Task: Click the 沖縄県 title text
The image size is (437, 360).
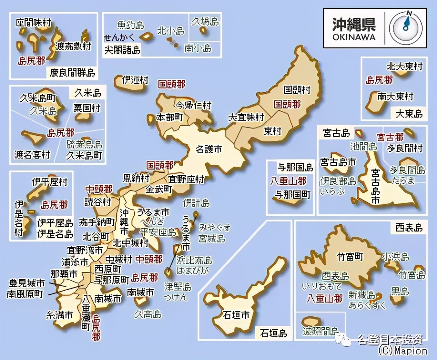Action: tap(353, 24)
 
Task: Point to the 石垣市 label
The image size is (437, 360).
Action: tap(236, 314)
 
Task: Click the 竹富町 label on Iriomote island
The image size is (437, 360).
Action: tap(350, 257)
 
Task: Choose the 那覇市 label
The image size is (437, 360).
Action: tap(64, 273)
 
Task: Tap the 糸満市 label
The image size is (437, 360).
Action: tap(60, 314)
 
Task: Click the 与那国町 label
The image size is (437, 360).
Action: tap(292, 195)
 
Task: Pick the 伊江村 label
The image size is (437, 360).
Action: tap(135, 80)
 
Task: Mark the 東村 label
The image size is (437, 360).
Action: tap(273, 131)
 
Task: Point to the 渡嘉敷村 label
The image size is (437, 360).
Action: tap(73, 46)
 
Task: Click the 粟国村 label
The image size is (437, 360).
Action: tap(87, 108)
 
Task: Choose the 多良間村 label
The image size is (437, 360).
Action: tap(404, 148)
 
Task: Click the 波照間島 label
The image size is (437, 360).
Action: tap(320, 331)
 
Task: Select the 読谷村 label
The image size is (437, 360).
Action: tap(98, 201)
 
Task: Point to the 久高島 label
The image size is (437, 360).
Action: tap(147, 314)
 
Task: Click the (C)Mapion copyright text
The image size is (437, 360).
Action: tap(402, 351)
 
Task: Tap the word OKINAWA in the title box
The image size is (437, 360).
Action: tap(354, 37)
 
